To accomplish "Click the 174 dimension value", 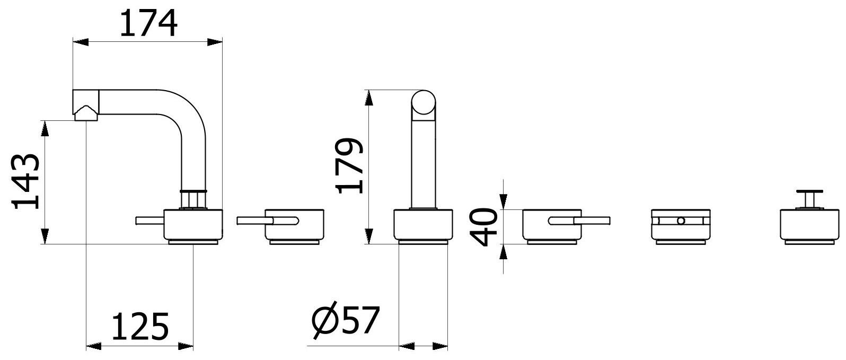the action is pyautogui.click(x=148, y=23).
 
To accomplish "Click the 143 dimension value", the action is pyautogui.click(x=26, y=181).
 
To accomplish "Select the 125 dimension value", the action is pyautogui.click(x=140, y=327).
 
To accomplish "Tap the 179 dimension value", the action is pyautogui.click(x=349, y=166).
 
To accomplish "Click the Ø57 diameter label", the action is pyautogui.click(x=345, y=320).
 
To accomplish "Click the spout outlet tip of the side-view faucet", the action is pyautogui.click(x=86, y=113).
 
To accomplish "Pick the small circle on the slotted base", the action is pyautogui.click(x=681, y=221).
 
